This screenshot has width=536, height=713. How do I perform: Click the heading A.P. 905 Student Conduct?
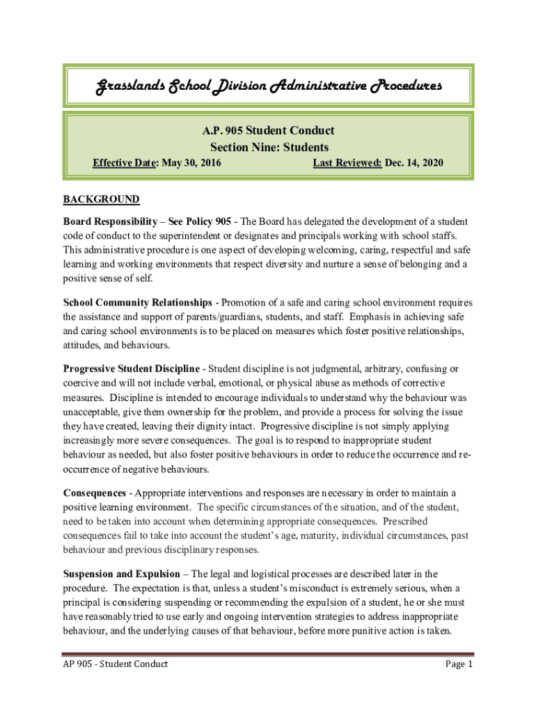(268, 131)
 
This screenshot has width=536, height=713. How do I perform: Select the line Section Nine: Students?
(269, 147)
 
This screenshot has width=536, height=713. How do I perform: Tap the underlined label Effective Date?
(125, 163)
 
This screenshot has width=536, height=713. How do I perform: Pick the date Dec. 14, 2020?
(414, 163)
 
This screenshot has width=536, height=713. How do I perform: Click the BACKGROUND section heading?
(102, 200)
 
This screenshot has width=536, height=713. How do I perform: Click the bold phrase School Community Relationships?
(138, 303)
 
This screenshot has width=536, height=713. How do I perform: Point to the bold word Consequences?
(95, 493)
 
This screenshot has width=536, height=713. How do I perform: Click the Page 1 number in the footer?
(459, 664)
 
